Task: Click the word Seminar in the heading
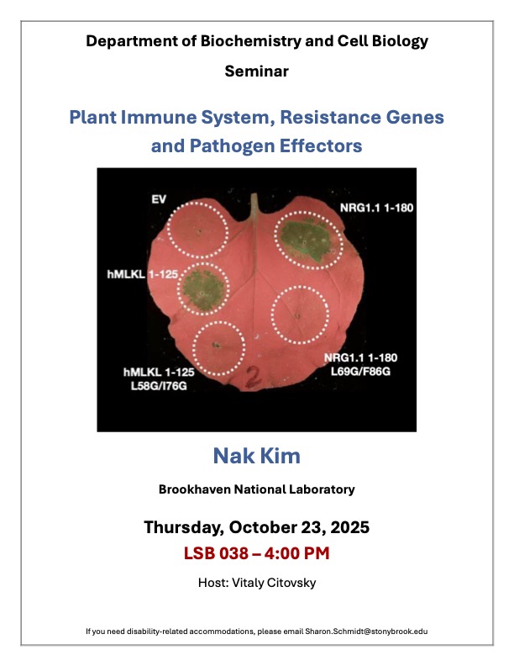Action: pyautogui.click(x=256, y=71)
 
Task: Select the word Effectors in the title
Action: pyautogui.click(x=317, y=145)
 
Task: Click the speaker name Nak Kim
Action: pyautogui.click(x=256, y=457)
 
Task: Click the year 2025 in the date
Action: pyautogui.click(x=349, y=528)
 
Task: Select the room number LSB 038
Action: pyautogui.click(x=218, y=553)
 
